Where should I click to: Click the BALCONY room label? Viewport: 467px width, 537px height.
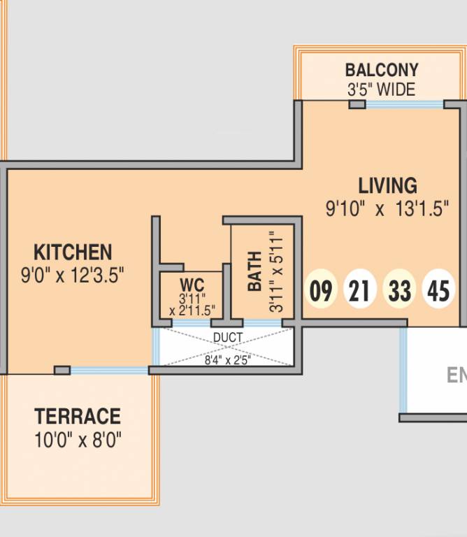pyautogui.click(x=382, y=70)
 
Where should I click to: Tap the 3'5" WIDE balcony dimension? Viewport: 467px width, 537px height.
pyautogui.click(x=382, y=89)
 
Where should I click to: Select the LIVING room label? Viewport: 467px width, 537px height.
pyautogui.click(x=387, y=185)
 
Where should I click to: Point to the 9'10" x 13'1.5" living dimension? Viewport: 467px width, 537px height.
pyautogui.click(x=387, y=208)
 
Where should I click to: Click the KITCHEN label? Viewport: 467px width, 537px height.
pyautogui.click(x=73, y=252)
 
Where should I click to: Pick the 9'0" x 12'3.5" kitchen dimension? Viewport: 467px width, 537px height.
pyautogui.click(x=72, y=275)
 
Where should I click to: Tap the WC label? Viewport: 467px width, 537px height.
pyautogui.click(x=192, y=285)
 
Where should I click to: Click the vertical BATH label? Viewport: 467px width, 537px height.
pyautogui.click(x=254, y=271)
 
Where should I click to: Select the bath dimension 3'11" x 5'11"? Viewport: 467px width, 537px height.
pyautogui.click(x=276, y=272)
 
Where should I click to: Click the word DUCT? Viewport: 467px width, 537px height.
pyautogui.click(x=228, y=338)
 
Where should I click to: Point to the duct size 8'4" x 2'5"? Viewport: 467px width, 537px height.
pyautogui.click(x=228, y=360)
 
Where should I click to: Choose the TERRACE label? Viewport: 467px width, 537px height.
pyautogui.click(x=78, y=416)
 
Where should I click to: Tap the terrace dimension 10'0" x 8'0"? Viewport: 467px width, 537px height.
pyautogui.click(x=78, y=440)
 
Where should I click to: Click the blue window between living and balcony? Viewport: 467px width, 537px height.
pyautogui.click(x=405, y=104)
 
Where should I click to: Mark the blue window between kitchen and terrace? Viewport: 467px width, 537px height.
pyautogui.click(x=110, y=370)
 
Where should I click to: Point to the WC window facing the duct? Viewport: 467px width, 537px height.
pyautogui.click(x=192, y=323)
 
